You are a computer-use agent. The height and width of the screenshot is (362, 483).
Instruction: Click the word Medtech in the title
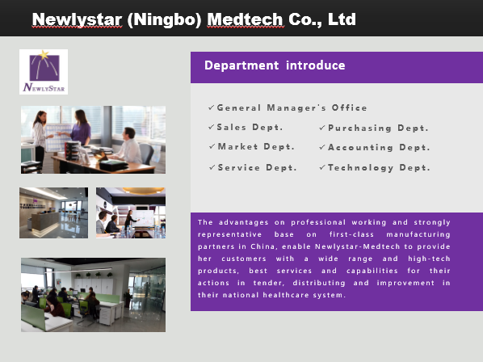(245, 19)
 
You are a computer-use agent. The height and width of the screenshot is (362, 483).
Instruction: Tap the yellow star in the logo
(44, 54)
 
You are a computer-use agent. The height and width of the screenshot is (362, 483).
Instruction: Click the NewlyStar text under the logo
(44, 87)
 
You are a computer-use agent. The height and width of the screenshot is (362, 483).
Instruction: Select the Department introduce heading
(275, 65)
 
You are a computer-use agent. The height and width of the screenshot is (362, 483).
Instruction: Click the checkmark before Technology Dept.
(322, 167)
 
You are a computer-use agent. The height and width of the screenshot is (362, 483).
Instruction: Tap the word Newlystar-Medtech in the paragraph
(357, 246)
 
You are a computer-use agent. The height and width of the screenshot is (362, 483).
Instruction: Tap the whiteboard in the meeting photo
(144, 218)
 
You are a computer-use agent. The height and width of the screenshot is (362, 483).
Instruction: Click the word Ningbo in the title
(164, 19)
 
